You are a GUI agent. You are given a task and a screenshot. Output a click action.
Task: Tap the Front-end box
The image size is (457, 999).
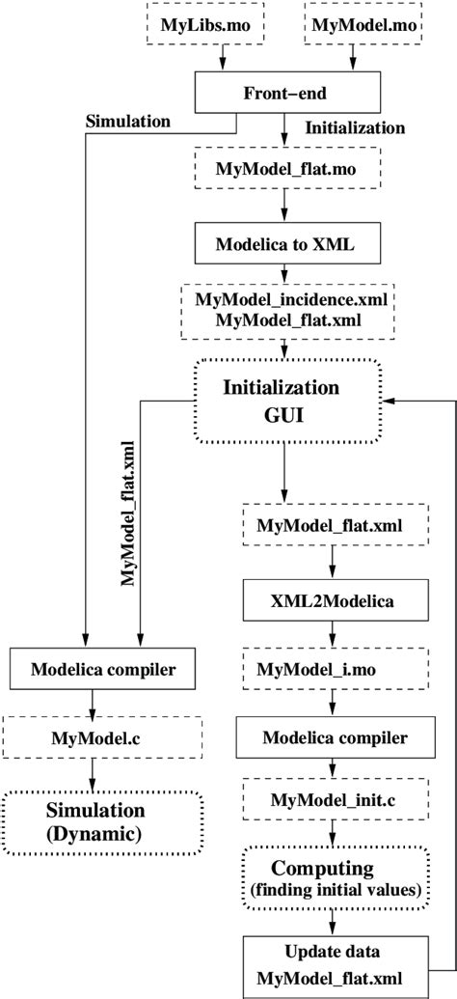point(284,94)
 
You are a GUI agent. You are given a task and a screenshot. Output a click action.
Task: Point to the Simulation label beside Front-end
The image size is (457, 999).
point(127,121)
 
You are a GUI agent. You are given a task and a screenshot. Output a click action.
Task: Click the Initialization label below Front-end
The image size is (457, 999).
point(354,127)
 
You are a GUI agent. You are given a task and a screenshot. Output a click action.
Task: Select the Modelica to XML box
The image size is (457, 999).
point(283,242)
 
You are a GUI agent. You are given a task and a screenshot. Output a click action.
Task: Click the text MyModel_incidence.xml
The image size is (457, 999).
point(283,300)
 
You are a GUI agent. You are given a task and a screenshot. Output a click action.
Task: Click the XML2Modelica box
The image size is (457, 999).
point(333,598)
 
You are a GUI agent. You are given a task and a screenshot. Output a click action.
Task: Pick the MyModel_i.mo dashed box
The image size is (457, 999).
point(333,668)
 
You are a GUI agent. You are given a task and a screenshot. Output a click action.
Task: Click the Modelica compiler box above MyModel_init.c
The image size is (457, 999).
point(333,737)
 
